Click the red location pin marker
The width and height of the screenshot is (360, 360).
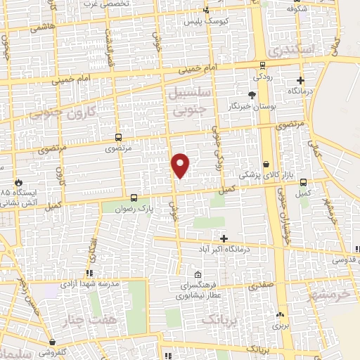pyautogui.click(x=181, y=165)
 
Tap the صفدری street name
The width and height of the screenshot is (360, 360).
pyautogui.click(x=261, y=286)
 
